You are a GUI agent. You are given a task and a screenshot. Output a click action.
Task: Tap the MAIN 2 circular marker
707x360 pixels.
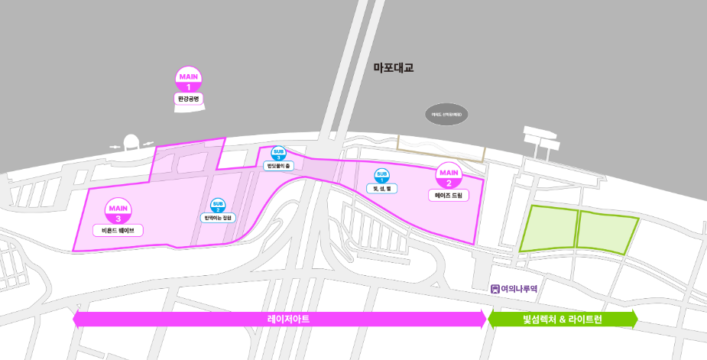(x=448, y=176)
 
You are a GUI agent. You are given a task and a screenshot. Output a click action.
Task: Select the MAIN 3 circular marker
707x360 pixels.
(x=118, y=211)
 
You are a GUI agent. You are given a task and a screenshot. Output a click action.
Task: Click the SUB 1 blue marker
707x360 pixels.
(x=381, y=176)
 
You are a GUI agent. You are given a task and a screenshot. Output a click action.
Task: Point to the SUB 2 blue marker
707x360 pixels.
(x=218, y=205)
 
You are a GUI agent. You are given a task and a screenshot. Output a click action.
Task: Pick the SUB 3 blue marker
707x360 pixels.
(x=279, y=153)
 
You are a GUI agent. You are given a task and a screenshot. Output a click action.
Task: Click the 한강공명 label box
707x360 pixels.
(x=188, y=99)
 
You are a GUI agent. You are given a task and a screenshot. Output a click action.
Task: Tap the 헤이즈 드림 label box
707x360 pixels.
(x=448, y=196)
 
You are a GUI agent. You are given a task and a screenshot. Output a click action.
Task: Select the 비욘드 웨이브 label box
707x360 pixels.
(x=118, y=229)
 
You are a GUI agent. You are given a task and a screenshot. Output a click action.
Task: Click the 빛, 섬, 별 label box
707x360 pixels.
(x=381, y=188)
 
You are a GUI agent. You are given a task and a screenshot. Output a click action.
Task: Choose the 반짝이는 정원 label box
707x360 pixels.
(x=218, y=218)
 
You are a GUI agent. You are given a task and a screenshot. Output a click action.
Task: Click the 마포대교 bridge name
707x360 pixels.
(x=393, y=68)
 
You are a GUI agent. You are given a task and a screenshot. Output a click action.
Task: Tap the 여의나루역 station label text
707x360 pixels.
(x=519, y=289)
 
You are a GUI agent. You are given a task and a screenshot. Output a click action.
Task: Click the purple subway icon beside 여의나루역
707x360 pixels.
(x=495, y=289)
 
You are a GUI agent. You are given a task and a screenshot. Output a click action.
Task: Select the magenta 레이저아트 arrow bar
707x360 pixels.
(x=280, y=319)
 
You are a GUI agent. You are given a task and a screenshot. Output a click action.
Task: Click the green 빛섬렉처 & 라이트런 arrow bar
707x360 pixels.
(x=562, y=319)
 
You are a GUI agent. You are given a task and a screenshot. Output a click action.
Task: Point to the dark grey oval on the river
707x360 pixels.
(x=446, y=114)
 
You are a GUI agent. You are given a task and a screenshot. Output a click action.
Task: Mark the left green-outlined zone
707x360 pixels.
(x=548, y=229)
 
